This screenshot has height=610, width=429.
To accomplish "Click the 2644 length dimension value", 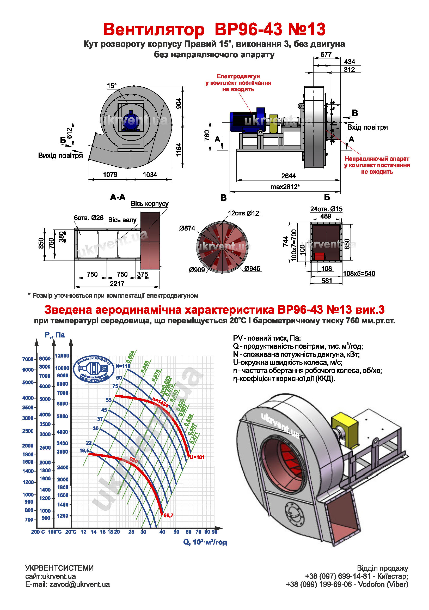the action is pyautogui.click(x=288, y=176).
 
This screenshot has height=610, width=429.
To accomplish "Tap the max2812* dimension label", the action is pyautogui.click(x=285, y=187).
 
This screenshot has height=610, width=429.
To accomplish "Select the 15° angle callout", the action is pyautogui.click(x=112, y=86).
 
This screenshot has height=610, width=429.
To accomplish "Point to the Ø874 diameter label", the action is pyautogui.click(x=187, y=228).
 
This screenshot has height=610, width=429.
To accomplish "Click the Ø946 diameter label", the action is pyautogui.click(x=252, y=269).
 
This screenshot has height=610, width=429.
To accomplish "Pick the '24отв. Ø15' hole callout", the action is pyautogui.click(x=326, y=209).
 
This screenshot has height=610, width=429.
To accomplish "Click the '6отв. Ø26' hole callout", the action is pyautogui.click(x=89, y=218).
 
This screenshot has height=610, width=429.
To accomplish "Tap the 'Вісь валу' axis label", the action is pyautogui.click(x=122, y=220).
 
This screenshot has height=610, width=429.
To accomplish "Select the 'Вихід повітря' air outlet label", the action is pyautogui.click(x=60, y=155).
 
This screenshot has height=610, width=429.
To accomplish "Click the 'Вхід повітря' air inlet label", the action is pyautogui.click(x=367, y=127).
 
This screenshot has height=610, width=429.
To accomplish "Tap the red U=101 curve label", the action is pyautogui.click(x=197, y=457).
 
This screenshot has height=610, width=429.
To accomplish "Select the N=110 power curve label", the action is pyautogui.click(x=123, y=366).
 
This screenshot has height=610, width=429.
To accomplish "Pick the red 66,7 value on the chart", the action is pyautogui.click(x=168, y=515).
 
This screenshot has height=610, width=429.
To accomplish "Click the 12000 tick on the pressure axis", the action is pyautogui.click(x=62, y=356).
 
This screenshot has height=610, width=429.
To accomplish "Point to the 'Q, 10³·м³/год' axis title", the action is pyautogui.click(x=205, y=542).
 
